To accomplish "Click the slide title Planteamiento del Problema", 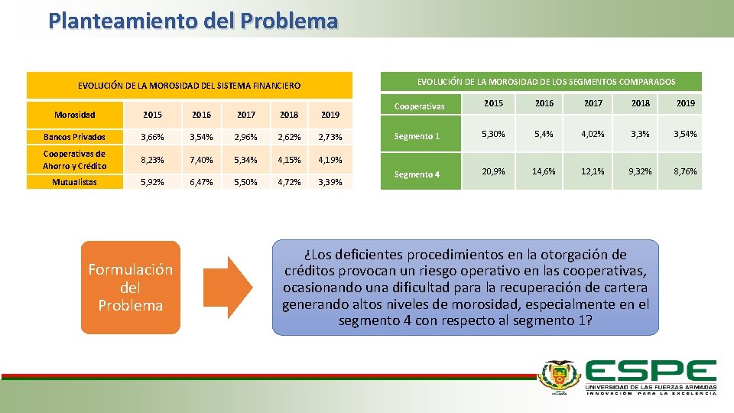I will point(193,20).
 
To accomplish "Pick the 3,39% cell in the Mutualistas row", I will point(330,182).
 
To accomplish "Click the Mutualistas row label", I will point(74,182).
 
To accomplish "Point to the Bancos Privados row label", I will point(74,137).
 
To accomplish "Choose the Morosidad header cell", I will point(74,115).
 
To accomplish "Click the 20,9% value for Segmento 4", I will point(493,172).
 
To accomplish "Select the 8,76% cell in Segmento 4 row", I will point(684,172).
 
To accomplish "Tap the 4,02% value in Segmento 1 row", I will point(593,135).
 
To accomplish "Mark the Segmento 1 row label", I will point(417,136).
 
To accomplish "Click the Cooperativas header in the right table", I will point(419,106).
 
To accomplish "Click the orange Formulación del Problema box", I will point(131,287).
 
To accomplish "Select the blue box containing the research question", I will point(465,288).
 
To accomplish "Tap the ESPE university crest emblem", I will point(560,376).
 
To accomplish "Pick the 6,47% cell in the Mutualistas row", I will point(201,182).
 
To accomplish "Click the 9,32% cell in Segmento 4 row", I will point(639,172).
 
